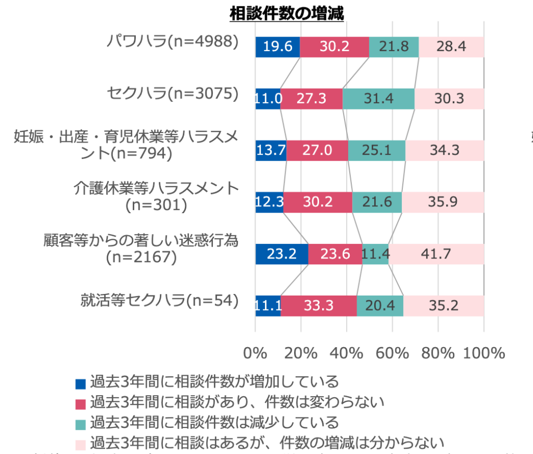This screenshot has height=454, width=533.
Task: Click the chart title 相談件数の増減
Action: click(x=287, y=13)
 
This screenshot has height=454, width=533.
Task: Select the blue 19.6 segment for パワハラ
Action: click(x=277, y=47)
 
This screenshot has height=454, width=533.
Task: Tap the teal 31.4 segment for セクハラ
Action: click(x=378, y=99)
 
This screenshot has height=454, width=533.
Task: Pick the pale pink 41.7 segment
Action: click(x=436, y=254)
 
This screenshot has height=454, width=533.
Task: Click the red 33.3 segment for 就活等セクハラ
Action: click(x=319, y=305)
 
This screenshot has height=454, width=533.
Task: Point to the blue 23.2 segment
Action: click(x=282, y=254)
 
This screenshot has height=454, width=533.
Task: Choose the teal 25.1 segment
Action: click(x=376, y=150)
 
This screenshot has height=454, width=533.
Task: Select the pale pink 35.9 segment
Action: click(x=442, y=202)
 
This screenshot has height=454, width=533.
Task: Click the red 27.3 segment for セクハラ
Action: click(x=311, y=99)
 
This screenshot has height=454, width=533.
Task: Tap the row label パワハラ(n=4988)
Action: click(x=172, y=41)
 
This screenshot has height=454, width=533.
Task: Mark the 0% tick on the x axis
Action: click(x=255, y=353)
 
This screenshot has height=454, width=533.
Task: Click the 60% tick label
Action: click(x=392, y=353)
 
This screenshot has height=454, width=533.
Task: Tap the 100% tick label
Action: click(x=484, y=353)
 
